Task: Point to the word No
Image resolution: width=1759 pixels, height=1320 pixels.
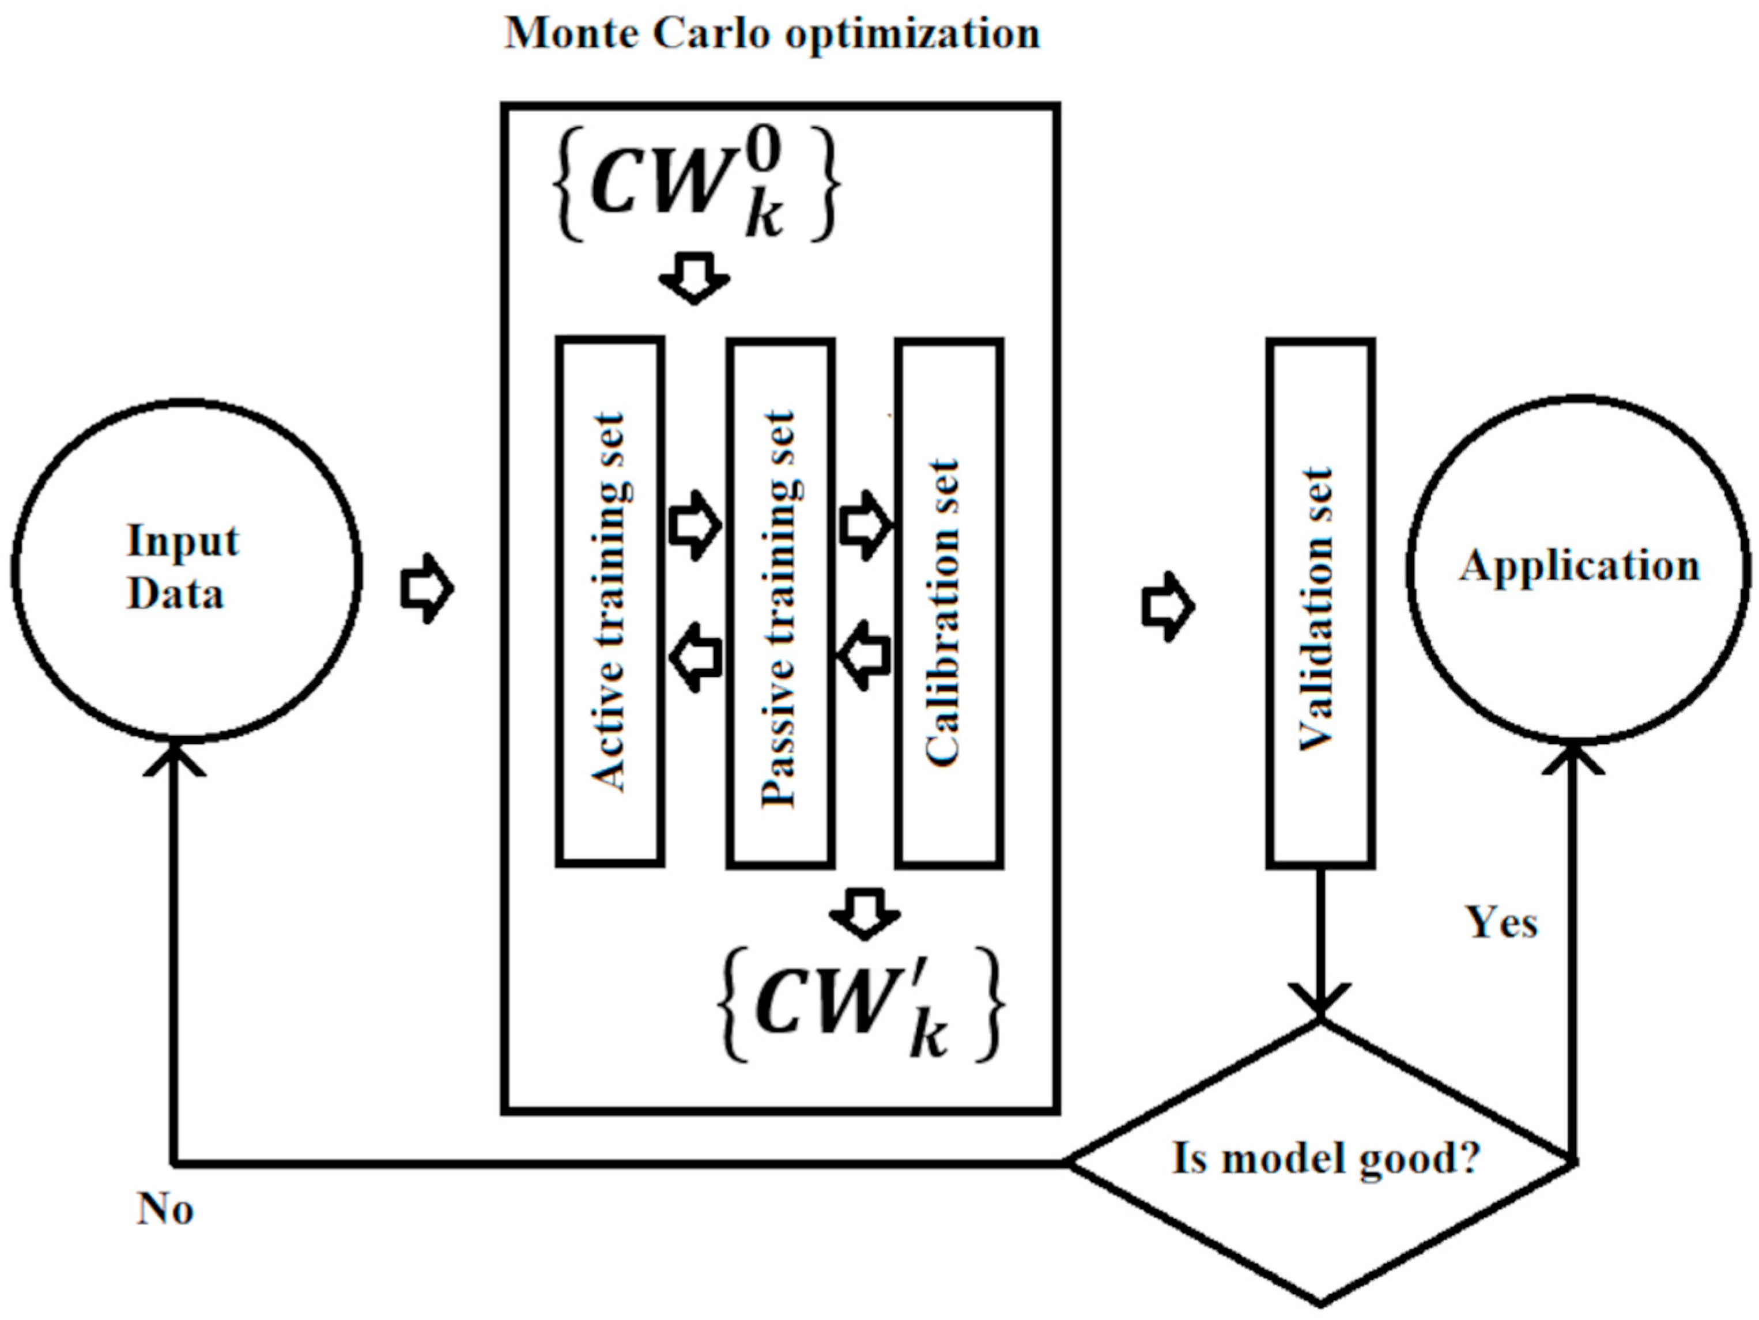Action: tap(165, 1209)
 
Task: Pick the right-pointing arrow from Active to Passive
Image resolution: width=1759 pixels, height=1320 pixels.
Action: tap(695, 525)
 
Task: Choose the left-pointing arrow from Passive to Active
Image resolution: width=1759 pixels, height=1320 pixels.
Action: tap(695, 657)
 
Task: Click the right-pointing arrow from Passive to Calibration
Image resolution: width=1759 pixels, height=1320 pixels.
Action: tap(866, 525)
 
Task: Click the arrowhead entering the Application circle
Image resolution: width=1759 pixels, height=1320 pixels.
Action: tap(1573, 755)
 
